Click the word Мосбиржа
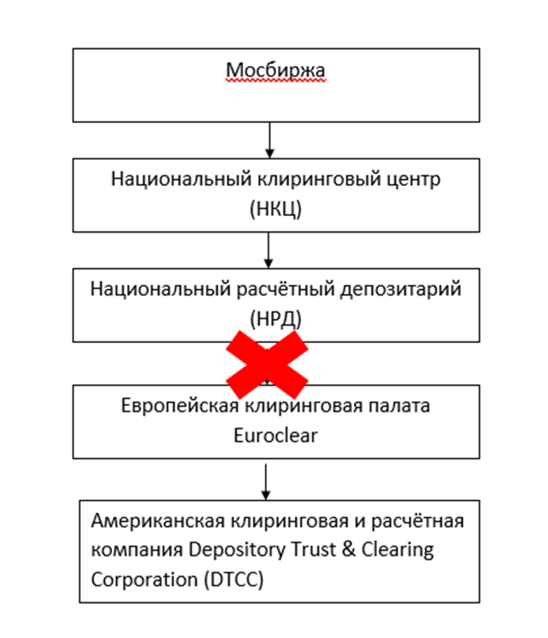(276, 72)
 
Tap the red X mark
(268, 364)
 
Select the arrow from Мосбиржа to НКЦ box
(269, 141)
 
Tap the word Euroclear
(276, 434)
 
